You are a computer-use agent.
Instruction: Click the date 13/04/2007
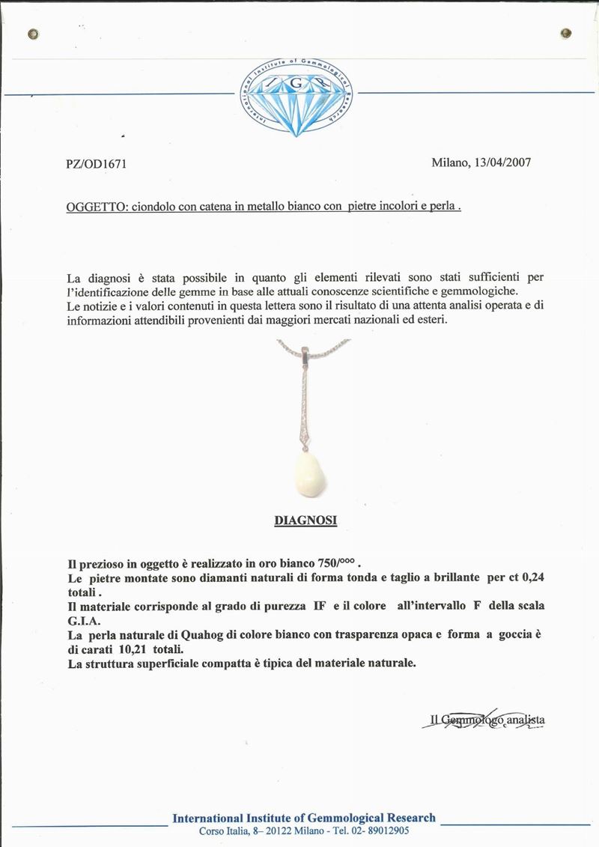[x=501, y=163]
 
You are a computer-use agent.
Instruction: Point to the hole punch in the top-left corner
[x=32, y=34]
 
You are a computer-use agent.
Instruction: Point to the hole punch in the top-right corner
[x=566, y=33]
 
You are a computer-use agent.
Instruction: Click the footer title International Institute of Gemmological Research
[x=304, y=818]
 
